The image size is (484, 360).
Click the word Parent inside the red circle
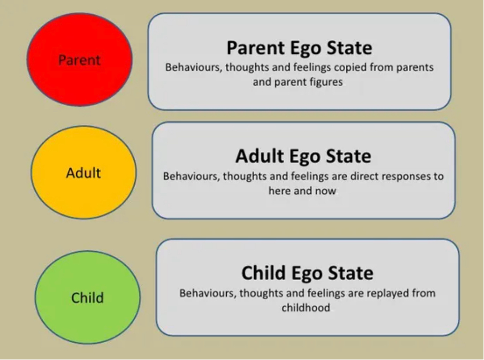(x=79, y=60)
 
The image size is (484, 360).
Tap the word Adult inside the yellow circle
(x=83, y=173)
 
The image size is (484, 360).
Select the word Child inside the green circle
(x=87, y=297)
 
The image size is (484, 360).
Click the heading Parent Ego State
(x=299, y=48)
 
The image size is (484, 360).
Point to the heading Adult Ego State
(x=303, y=156)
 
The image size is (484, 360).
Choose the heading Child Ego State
(x=307, y=273)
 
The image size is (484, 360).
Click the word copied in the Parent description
(x=350, y=68)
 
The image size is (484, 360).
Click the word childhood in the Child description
(x=306, y=307)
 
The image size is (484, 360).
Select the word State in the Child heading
(x=351, y=273)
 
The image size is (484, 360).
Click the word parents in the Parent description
(x=415, y=68)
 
